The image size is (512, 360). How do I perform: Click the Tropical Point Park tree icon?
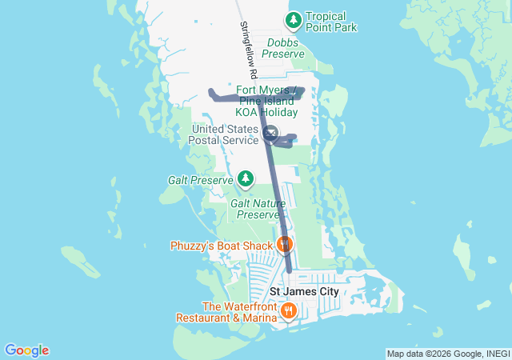(294, 18)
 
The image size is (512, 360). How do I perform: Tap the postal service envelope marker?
(270, 133)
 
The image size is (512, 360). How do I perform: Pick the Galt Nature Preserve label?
(258, 209)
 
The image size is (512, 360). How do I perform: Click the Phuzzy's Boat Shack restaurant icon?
(284, 243)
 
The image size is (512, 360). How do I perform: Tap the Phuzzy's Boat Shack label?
(222, 246)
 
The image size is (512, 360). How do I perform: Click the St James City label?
(303, 292)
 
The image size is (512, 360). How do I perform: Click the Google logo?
(26, 350)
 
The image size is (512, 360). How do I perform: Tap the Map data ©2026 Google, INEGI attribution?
(447, 354)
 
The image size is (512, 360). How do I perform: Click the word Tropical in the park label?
(326, 17)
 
